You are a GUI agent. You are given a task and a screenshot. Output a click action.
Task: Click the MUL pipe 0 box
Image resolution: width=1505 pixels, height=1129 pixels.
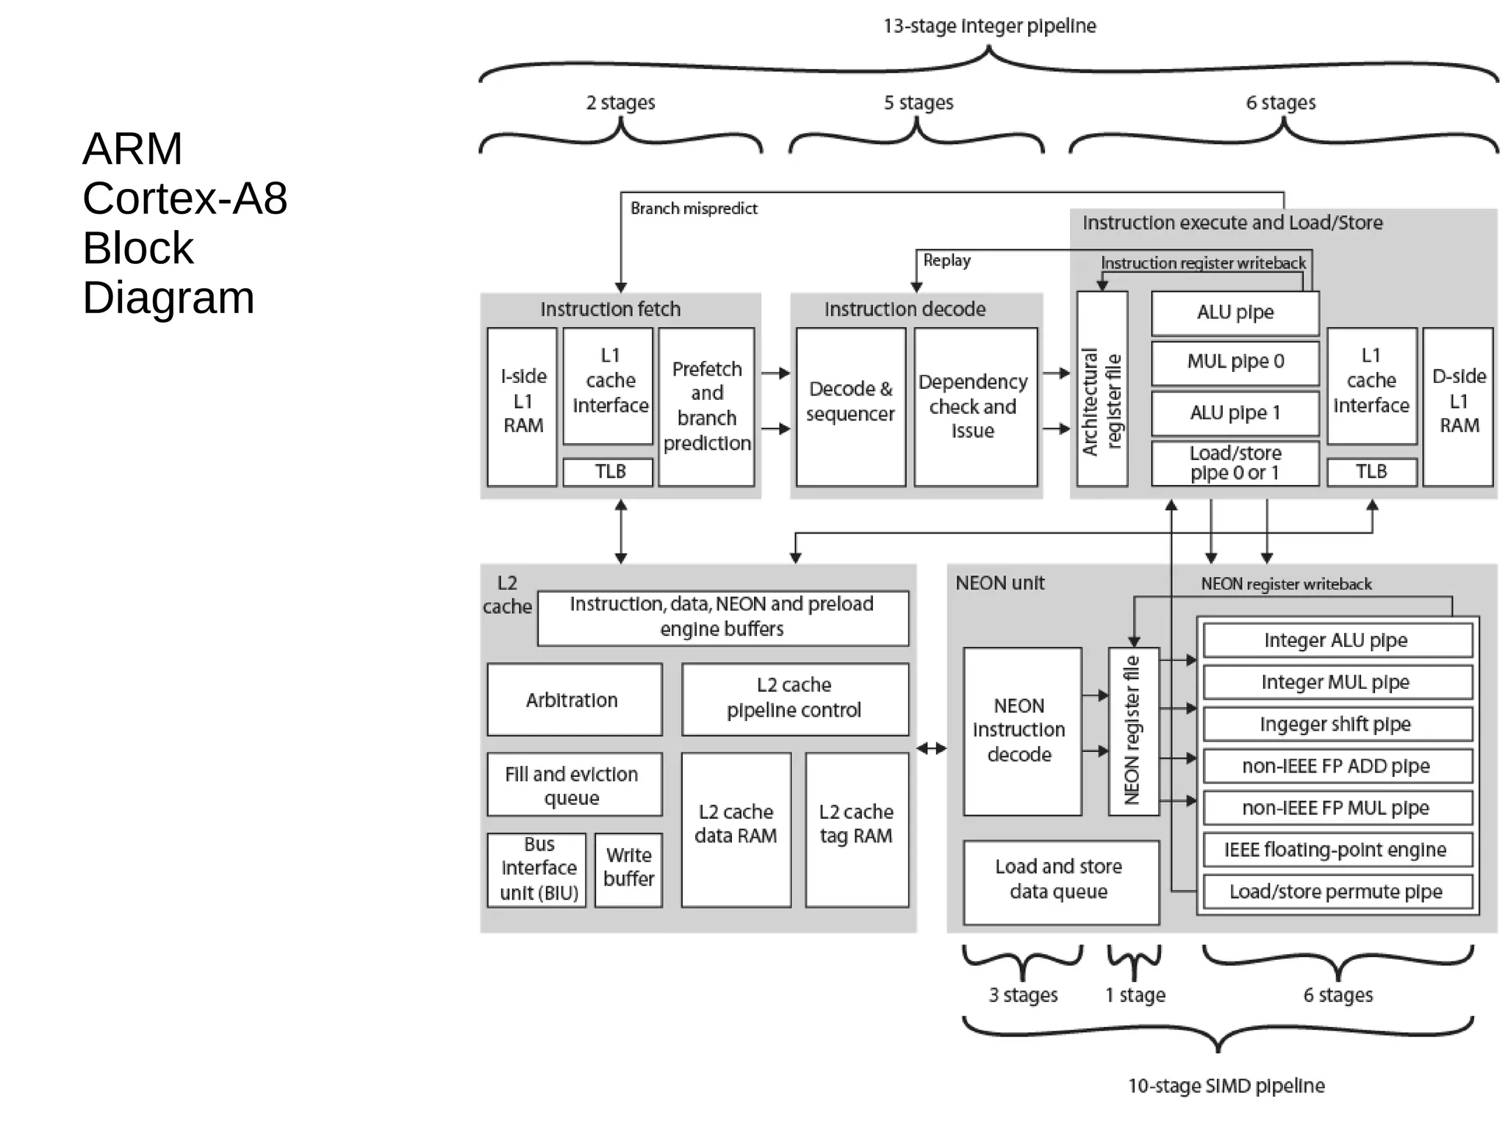(1235, 362)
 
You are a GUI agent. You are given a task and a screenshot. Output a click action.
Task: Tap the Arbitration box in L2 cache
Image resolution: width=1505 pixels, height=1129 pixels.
(574, 700)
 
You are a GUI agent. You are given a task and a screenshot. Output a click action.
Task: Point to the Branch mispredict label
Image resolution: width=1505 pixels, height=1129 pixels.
(693, 209)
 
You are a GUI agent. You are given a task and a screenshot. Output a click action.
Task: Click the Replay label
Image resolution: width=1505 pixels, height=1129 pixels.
(947, 260)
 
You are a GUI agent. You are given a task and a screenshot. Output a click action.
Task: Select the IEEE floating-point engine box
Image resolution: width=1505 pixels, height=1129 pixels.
(1337, 850)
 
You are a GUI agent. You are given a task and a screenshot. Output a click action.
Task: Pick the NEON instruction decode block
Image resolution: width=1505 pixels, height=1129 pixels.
(1021, 731)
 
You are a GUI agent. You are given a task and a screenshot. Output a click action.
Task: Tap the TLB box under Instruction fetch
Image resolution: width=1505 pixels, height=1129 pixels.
(608, 472)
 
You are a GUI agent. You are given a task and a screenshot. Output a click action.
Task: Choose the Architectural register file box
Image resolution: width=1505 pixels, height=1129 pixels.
(1102, 390)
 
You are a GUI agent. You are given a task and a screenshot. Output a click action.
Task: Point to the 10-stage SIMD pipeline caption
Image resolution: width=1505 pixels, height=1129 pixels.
(1226, 1086)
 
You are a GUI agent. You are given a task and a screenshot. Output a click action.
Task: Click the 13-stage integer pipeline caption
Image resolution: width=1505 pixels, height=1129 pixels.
(989, 26)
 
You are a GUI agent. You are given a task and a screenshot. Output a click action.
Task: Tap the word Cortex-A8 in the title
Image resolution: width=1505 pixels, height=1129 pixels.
(184, 198)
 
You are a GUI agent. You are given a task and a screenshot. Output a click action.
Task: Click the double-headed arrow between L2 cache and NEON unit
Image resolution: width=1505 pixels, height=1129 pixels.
(931, 748)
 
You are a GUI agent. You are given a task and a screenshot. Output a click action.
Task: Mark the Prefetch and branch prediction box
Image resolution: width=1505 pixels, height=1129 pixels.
(706, 406)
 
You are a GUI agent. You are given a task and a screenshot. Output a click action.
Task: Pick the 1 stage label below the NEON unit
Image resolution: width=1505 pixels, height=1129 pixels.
(1135, 995)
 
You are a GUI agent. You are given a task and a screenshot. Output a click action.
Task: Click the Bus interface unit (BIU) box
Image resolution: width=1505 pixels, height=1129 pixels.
(537, 870)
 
